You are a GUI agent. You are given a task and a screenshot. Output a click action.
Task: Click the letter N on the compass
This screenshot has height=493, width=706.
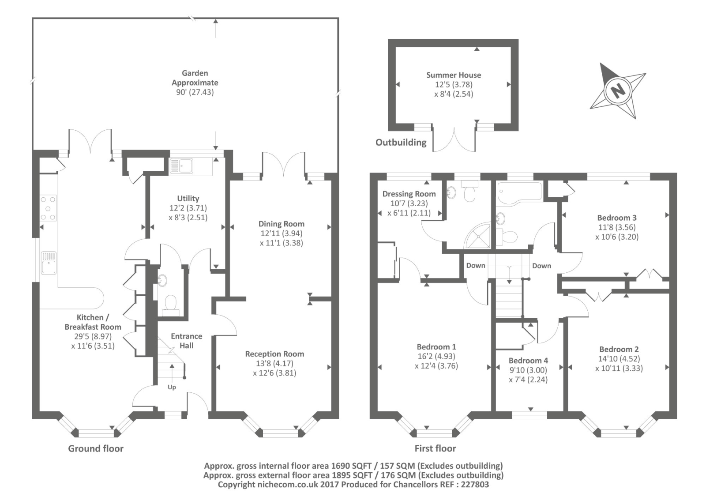coord(618,91)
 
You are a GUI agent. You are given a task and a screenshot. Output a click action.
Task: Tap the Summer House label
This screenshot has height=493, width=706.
coord(454,75)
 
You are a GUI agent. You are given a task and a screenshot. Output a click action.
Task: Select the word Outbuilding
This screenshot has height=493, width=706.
coord(401,143)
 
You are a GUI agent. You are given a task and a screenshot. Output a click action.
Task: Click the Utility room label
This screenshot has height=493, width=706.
coord(188,199)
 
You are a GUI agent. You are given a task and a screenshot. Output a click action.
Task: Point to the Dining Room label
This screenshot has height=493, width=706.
coord(282,224)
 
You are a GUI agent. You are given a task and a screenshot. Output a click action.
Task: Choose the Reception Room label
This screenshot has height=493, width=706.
coord(275,354)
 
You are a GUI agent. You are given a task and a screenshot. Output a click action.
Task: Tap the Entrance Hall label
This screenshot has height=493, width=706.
coord(187,341)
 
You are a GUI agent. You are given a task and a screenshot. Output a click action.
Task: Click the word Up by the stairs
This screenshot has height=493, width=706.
coord(172,388)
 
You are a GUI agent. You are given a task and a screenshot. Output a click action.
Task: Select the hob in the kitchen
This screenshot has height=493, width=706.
coord(48,208)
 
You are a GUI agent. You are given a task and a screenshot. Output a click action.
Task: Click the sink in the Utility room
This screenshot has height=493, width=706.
coord(181,166)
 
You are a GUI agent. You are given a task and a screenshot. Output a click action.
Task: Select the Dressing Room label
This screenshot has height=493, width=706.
coord(409,194)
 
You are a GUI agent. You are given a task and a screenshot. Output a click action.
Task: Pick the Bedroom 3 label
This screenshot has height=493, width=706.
coord(617,218)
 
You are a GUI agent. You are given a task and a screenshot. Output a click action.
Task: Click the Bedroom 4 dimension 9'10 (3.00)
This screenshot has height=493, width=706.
coord(528,370)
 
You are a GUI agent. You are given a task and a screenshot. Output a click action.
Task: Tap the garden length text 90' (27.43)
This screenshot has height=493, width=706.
coord(195,92)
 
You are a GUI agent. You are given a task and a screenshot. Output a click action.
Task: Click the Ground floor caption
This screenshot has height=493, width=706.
coord(96,448)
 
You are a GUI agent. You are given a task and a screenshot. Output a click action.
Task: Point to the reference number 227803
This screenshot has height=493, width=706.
coord(475,485)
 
